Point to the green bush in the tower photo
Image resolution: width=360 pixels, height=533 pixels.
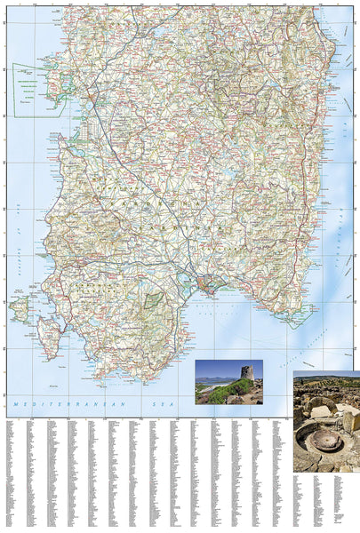pos(228,392)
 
